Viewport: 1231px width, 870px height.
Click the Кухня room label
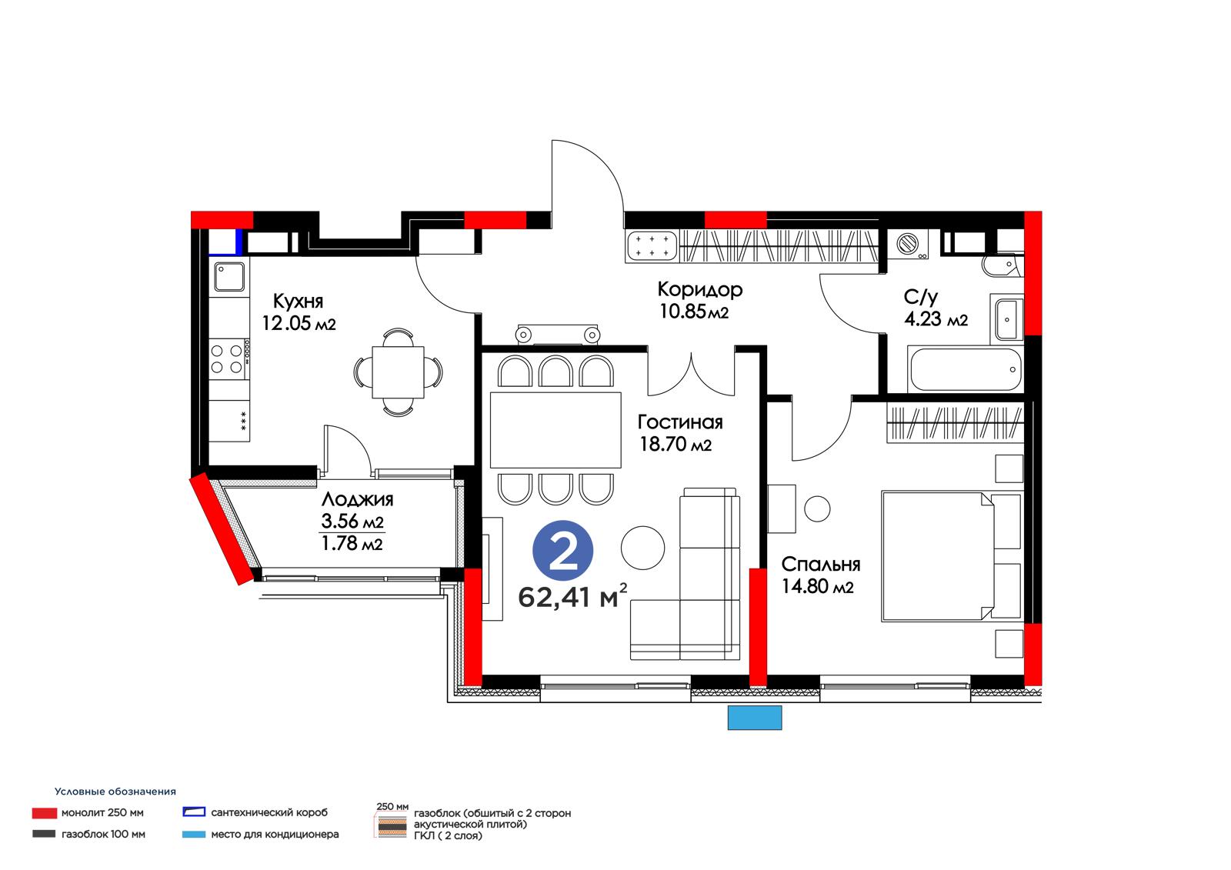[x=298, y=302]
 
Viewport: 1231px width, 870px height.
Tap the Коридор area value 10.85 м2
[x=693, y=312]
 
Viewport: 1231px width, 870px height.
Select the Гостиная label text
[x=680, y=422]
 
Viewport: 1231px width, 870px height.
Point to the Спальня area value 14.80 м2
[x=817, y=586]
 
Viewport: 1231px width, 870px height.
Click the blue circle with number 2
[x=562, y=550]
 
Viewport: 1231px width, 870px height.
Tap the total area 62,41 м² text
[x=572, y=597]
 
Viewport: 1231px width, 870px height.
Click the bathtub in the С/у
[x=966, y=369]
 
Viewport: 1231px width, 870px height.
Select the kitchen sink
[x=229, y=276]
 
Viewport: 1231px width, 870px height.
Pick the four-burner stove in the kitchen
[x=230, y=359]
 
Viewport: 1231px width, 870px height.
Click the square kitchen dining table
[x=398, y=372]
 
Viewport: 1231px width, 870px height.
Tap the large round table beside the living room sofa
[x=642, y=548]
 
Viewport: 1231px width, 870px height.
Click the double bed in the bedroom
[x=951, y=556]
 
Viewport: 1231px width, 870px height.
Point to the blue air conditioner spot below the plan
[x=755, y=718]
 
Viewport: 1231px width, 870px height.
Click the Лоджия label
[x=357, y=499]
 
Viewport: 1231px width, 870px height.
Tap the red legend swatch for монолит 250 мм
[x=44, y=813]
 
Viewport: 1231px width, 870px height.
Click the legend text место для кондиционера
[x=275, y=835]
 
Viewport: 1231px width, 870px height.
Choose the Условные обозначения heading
[x=115, y=792]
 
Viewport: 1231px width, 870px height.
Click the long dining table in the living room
[x=555, y=429]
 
